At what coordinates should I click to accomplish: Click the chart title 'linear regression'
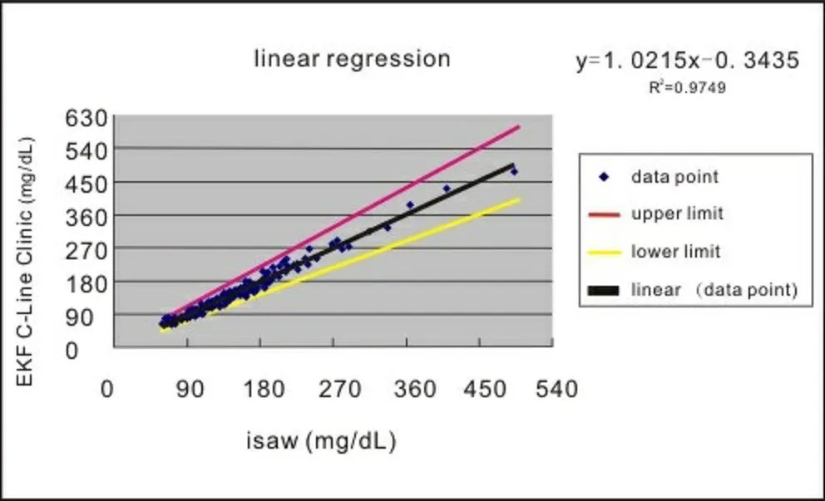[352, 59]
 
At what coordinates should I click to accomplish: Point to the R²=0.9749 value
[687, 86]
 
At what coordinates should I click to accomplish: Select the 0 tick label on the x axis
[106, 389]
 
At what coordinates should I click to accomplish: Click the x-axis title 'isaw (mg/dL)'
[321, 440]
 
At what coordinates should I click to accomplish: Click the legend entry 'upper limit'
[677, 214]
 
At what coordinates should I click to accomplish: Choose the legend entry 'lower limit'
[675, 251]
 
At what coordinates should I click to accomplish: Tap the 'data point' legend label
[674, 176]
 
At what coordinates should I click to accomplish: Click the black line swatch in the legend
[605, 290]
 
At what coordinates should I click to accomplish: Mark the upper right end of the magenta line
[520, 126]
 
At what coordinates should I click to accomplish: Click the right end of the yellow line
[520, 199]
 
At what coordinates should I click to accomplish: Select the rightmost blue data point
[514, 171]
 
